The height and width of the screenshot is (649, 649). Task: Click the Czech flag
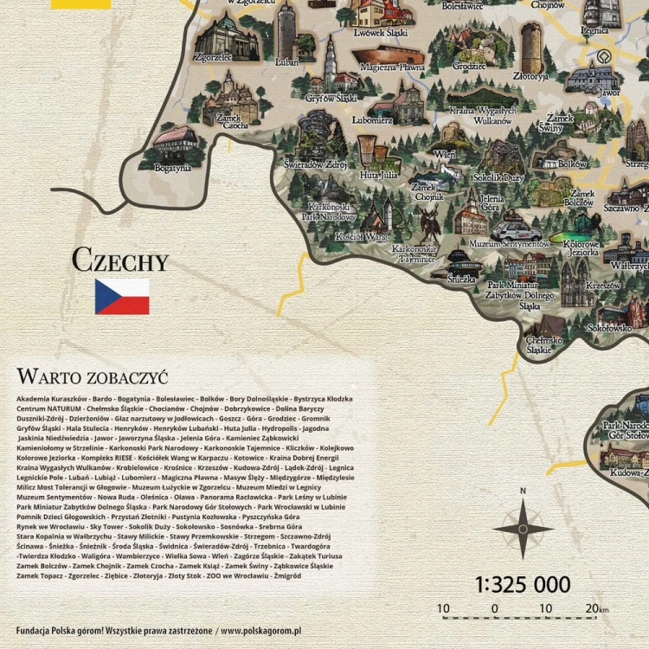coord(122,297)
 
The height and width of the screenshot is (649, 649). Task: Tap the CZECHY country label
coord(119,260)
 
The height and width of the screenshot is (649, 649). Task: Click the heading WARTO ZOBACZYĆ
coord(92,376)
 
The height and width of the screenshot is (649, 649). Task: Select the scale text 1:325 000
coord(523,585)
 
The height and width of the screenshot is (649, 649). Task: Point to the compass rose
coord(523,527)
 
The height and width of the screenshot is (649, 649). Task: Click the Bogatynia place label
coord(172,168)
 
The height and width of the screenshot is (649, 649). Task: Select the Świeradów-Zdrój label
coord(316,164)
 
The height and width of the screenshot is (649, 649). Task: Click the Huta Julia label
coord(378,174)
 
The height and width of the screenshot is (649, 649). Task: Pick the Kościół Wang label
coord(362,236)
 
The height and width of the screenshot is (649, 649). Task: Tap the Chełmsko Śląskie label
coord(544,345)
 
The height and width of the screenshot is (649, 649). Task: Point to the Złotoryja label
coord(530,76)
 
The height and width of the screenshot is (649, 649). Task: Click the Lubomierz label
coord(373,120)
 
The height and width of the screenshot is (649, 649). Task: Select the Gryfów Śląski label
coord(331,98)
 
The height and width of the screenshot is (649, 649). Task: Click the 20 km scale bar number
coord(592,609)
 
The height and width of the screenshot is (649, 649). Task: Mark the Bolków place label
coord(572,164)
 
